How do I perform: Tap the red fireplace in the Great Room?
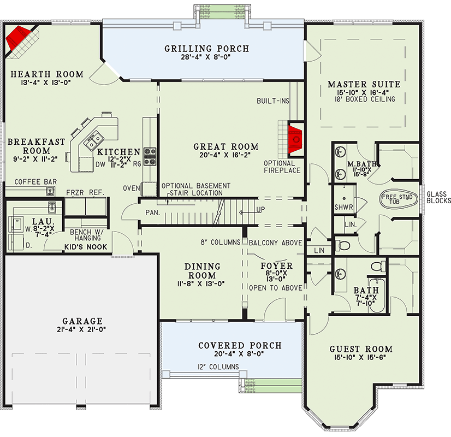tap(295, 139)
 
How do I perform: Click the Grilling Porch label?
tap(206, 49)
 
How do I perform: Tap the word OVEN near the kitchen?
tap(132, 188)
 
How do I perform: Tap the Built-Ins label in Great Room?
tap(273, 102)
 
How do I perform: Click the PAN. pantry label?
tap(152, 212)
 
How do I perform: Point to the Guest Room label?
tap(361, 350)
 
